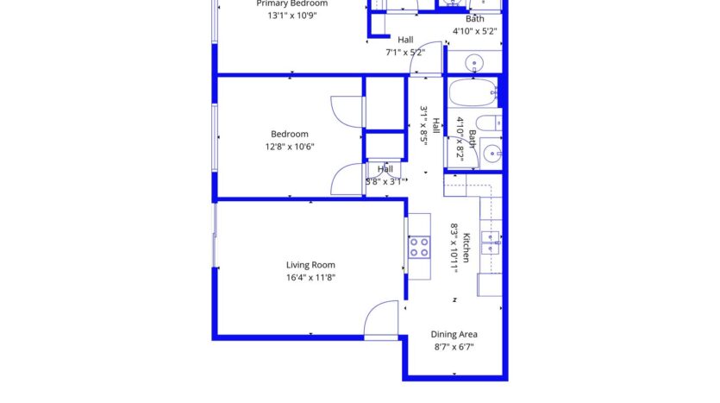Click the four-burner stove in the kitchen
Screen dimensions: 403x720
(x=419, y=248)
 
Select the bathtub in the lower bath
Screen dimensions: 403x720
(x=471, y=91)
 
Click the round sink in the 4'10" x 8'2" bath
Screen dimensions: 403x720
(x=491, y=153)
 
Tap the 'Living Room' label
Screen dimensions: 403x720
(x=310, y=265)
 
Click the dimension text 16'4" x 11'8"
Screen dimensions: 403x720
(x=310, y=278)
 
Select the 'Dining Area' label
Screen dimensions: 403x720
(x=454, y=334)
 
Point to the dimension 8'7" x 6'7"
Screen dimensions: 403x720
(x=454, y=347)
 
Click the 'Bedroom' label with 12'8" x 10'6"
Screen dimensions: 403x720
(x=290, y=134)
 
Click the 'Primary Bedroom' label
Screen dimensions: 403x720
(x=291, y=3)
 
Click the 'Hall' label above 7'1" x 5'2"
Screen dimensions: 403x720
(x=405, y=39)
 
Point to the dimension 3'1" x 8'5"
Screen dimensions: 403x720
(x=424, y=125)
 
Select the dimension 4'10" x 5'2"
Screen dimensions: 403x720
(x=475, y=32)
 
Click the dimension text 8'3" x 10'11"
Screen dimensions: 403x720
(x=454, y=248)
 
